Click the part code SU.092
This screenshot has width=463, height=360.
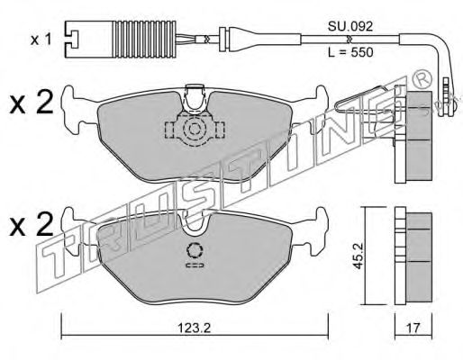click(x=350, y=27)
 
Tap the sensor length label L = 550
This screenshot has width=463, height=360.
click(x=350, y=52)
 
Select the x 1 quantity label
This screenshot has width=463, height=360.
click(x=41, y=40)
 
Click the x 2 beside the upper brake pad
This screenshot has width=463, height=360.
click(x=32, y=103)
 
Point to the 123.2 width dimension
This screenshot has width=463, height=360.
click(x=195, y=328)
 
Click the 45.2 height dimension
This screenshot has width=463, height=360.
click(x=359, y=256)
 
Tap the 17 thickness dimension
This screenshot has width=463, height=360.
click(x=413, y=328)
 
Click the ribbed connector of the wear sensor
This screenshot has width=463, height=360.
click(x=144, y=39)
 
